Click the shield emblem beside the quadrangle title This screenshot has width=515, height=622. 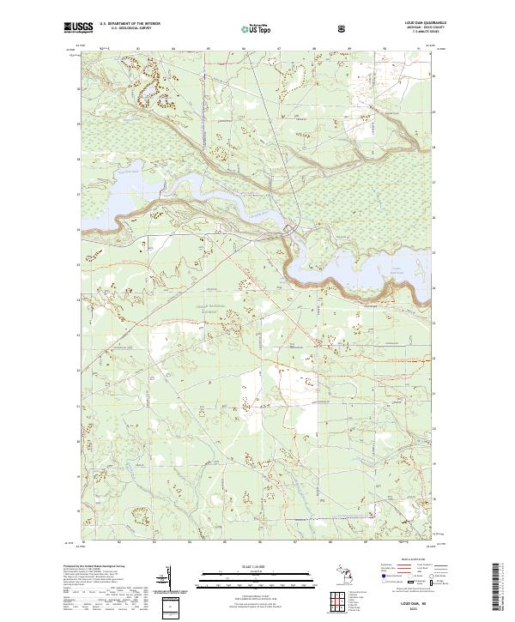[345, 27]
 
